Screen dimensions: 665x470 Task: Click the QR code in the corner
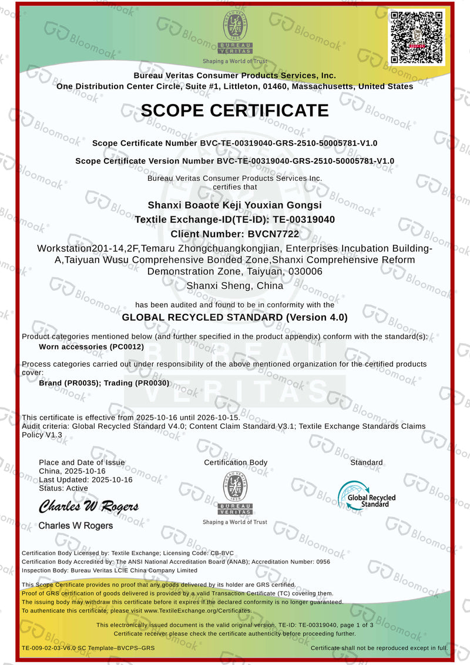pyautogui.click(x=417, y=37)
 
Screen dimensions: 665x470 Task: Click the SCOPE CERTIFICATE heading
pyautogui.click(x=234, y=110)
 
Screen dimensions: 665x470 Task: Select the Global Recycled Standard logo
pyautogui.click(x=366, y=495)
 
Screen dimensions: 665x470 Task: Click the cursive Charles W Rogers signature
pyautogui.click(x=89, y=506)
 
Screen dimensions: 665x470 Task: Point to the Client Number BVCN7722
pyautogui.click(x=234, y=234)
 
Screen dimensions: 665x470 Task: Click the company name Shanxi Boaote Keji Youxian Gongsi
pyautogui.click(x=234, y=205)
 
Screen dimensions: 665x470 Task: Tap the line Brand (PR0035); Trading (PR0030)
pyautogui.click(x=104, y=383)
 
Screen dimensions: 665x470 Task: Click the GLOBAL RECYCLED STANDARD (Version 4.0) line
pyautogui.click(x=234, y=317)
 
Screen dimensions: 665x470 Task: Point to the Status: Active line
pyautogui.click(x=63, y=488)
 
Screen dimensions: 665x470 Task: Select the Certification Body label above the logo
pyautogui.click(x=236, y=462)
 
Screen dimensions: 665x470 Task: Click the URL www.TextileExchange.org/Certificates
pyautogui.click(x=197, y=610)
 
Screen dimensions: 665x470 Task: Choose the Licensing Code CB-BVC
pyautogui.click(x=220, y=553)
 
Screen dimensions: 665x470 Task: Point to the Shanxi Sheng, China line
pyautogui.click(x=234, y=286)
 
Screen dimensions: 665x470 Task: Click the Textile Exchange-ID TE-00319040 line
pyautogui.click(x=235, y=219)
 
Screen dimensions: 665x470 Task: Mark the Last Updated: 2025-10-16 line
pyautogui.click(x=86, y=479)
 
